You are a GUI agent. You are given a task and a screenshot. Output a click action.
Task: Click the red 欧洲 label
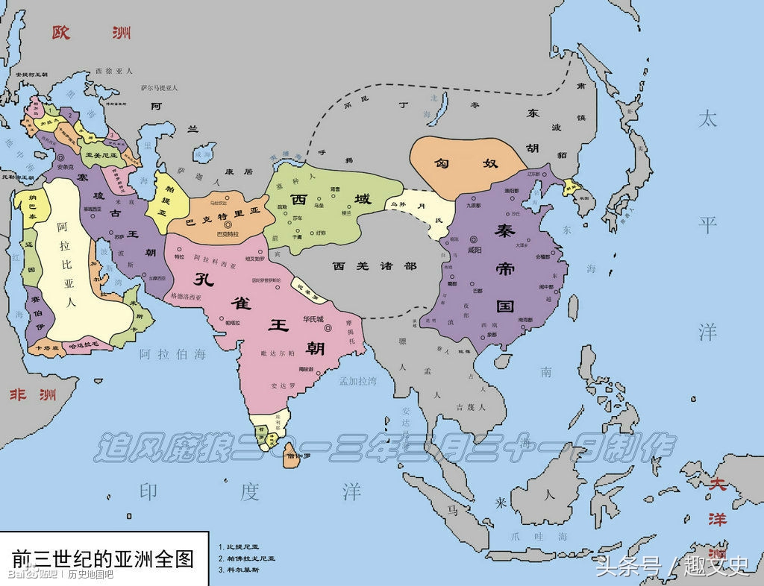point(91,32)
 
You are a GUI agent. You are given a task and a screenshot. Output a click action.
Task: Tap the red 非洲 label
point(32,394)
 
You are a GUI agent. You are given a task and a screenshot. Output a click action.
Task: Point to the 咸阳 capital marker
point(473,240)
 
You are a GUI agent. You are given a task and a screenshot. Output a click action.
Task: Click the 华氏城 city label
point(313,319)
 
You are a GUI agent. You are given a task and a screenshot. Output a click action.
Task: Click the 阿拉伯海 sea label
point(172,354)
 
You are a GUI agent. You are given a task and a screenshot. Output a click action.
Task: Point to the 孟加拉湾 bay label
point(357,382)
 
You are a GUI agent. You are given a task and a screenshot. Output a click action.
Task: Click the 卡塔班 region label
point(43,347)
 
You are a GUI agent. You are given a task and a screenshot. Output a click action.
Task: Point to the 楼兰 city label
point(346,212)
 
